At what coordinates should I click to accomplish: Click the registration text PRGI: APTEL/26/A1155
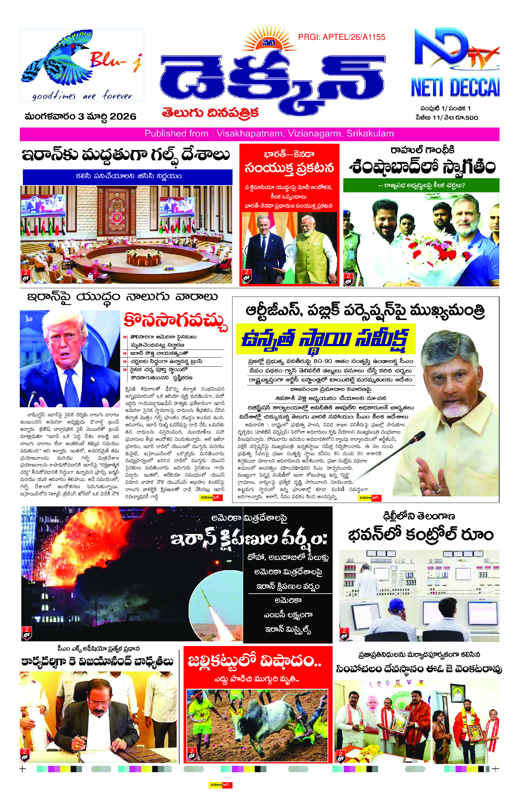coord(341,37)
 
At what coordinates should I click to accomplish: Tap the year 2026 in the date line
coord(123,116)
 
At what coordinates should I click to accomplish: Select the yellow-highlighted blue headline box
coord(325,339)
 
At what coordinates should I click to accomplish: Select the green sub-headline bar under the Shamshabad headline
coord(421,185)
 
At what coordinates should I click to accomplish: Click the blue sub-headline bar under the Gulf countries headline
coord(127,176)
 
